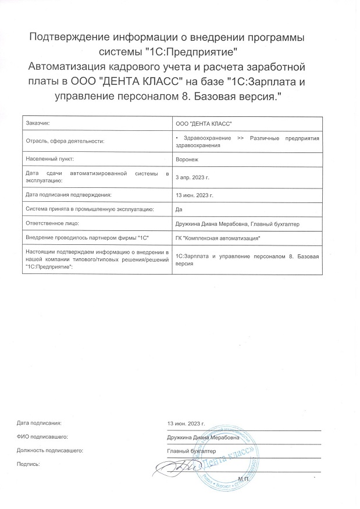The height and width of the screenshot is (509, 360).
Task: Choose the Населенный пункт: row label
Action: [x=51, y=158]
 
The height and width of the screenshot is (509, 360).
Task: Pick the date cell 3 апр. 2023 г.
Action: [x=192, y=176]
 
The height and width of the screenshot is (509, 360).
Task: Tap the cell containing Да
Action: [x=179, y=209]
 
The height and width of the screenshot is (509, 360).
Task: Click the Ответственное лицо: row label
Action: [x=52, y=223]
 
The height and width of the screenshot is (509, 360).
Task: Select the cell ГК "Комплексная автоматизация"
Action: [x=218, y=238]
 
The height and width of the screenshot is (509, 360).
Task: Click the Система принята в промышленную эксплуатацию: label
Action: [x=90, y=209]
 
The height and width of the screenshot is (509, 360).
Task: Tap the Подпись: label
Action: [x=28, y=464]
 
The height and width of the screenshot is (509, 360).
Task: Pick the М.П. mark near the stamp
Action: [x=243, y=478]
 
